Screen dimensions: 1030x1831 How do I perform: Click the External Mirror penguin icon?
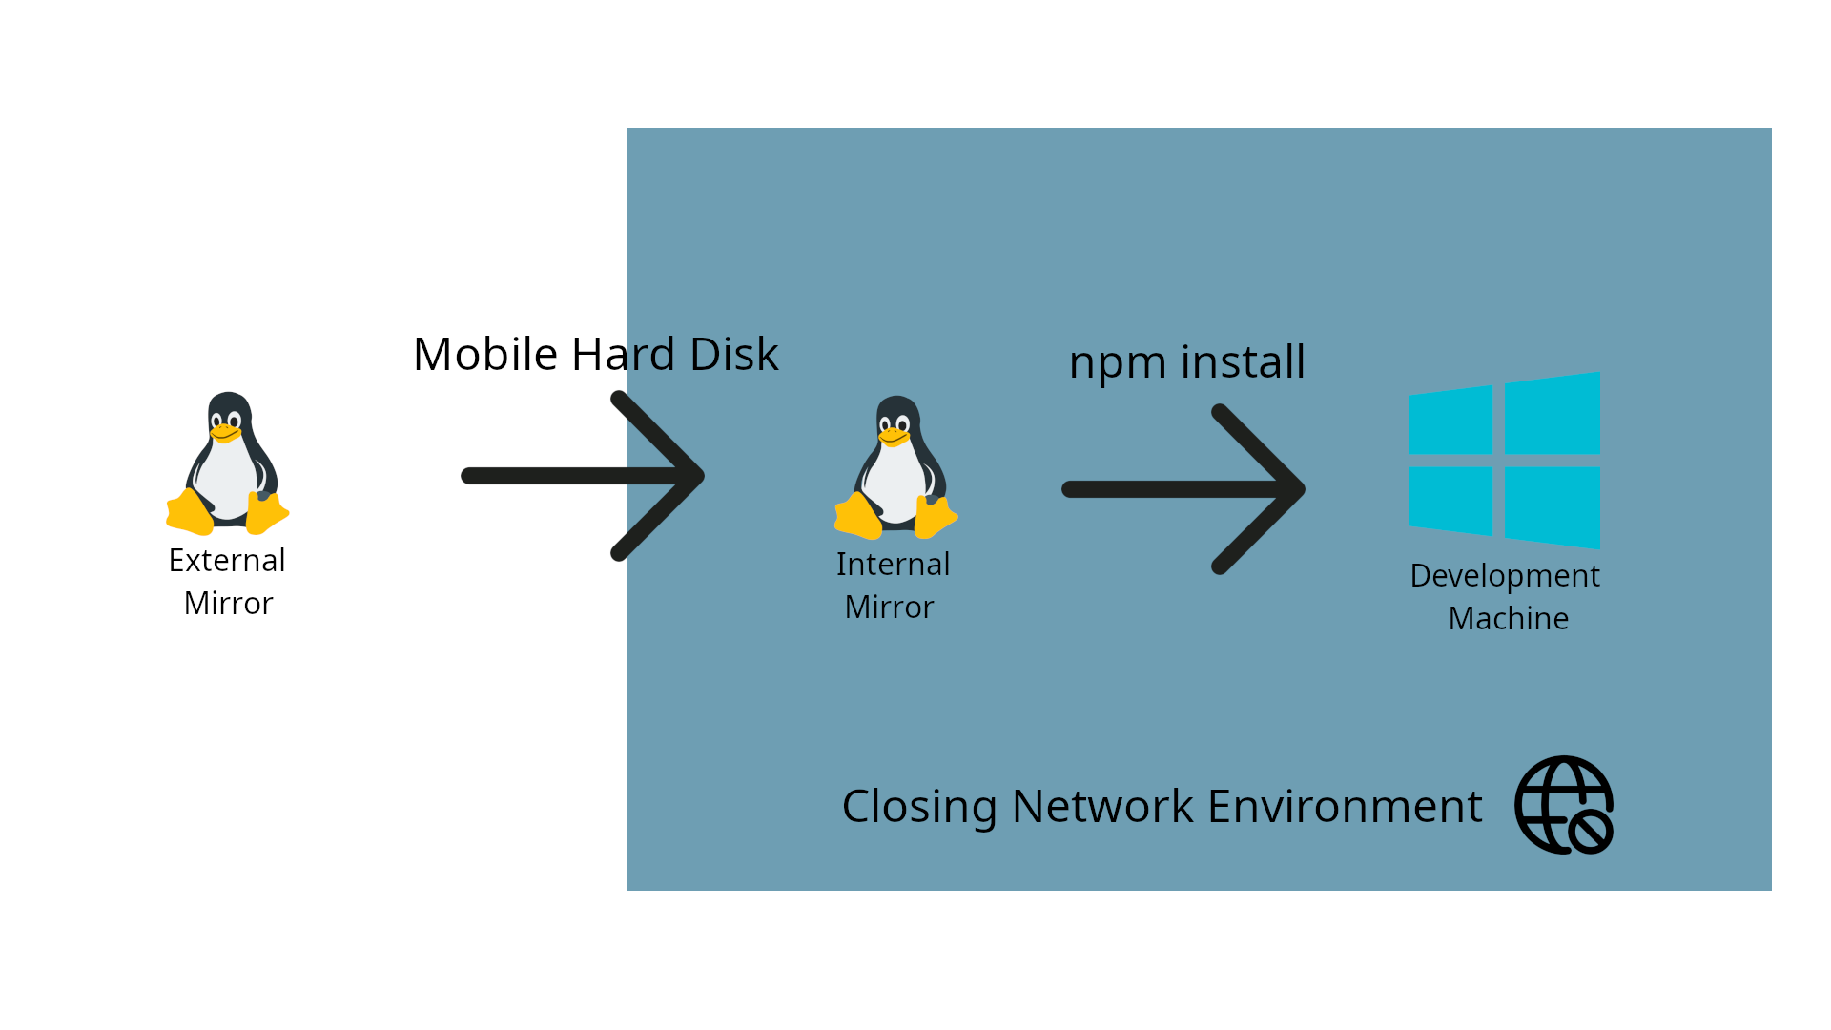point(228,463)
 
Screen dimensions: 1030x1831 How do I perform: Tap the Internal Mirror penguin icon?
point(896,467)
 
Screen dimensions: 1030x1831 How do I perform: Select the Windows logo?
point(1504,461)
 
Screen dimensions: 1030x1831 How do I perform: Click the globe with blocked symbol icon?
point(1564,805)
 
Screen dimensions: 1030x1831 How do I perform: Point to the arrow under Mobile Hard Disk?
point(582,476)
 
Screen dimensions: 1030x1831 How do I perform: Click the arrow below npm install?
point(1183,489)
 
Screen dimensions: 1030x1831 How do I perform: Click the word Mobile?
point(484,355)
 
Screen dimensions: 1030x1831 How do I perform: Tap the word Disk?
point(733,355)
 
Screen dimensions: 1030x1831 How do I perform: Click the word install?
point(1243,362)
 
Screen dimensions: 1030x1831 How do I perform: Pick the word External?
point(227,561)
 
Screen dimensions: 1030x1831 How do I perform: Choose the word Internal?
point(893,565)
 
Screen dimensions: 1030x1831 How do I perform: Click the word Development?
point(1504,576)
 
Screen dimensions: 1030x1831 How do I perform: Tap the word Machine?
point(1508,619)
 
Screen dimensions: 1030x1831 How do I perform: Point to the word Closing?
point(919,808)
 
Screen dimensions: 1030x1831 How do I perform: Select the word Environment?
point(1345,807)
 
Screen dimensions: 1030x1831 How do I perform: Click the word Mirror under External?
point(228,604)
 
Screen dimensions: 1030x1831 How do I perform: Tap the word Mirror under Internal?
point(889,608)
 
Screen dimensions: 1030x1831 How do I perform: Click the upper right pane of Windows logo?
point(1552,415)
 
